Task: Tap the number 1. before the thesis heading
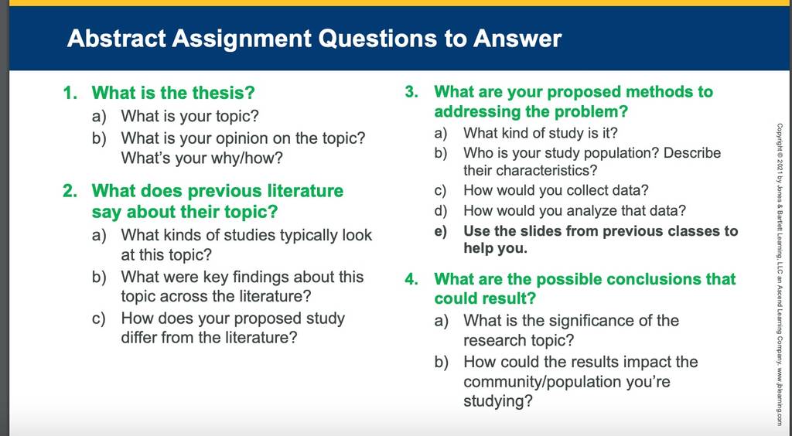70,93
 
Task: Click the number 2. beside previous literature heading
70,191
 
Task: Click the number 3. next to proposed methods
411,92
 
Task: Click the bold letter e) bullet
440,231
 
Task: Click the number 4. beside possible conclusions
411,279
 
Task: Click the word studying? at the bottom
498,402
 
